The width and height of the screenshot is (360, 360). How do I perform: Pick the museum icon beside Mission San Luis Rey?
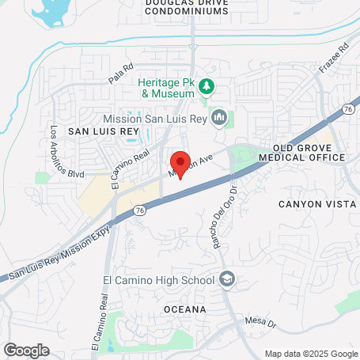220,119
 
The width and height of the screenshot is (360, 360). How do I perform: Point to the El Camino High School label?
157,279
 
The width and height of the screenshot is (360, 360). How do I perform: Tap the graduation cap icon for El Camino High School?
227,279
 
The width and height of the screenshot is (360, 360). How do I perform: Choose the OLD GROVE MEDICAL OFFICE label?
309,153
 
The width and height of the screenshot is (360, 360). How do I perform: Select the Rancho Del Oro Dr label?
224,217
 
